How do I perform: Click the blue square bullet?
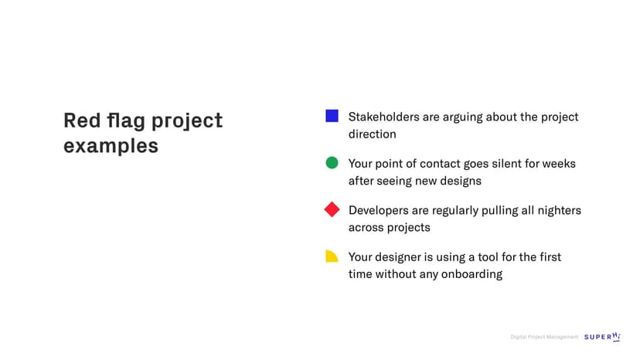tap(332, 116)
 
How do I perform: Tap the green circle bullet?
tap(332, 163)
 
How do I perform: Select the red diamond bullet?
tap(332, 209)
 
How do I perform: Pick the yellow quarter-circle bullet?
tap(332, 256)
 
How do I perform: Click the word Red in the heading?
tap(82, 121)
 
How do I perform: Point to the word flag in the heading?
tap(126, 121)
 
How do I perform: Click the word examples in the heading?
tap(111, 146)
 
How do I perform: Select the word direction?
tap(373, 134)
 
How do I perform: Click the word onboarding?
tap(471, 274)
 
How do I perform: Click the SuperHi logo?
tap(602, 337)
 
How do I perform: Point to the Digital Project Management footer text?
tap(544, 337)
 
